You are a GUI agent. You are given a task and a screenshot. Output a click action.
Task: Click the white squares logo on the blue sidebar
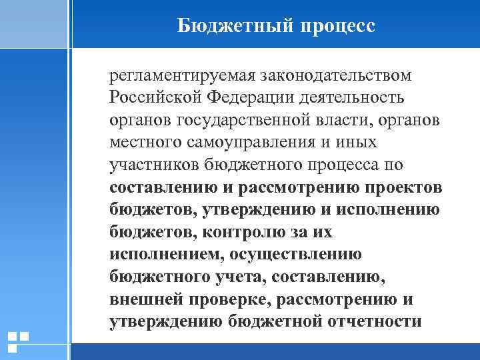pyautogui.click(x=17, y=341)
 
